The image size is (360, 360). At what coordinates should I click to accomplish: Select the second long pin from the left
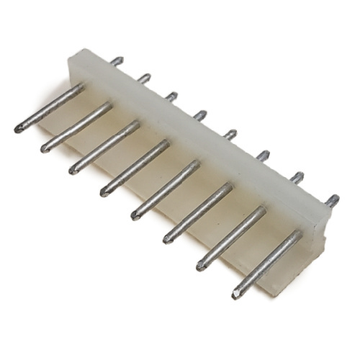[x=76, y=127]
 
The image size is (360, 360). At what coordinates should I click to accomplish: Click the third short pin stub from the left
[x=171, y=96]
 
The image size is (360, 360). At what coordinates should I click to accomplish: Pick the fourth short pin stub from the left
[x=200, y=114]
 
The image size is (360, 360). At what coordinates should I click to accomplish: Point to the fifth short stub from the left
[x=230, y=134]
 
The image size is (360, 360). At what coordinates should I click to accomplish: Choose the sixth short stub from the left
[x=263, y=155]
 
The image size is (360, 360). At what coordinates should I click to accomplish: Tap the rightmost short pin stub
[x=331, y=200]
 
